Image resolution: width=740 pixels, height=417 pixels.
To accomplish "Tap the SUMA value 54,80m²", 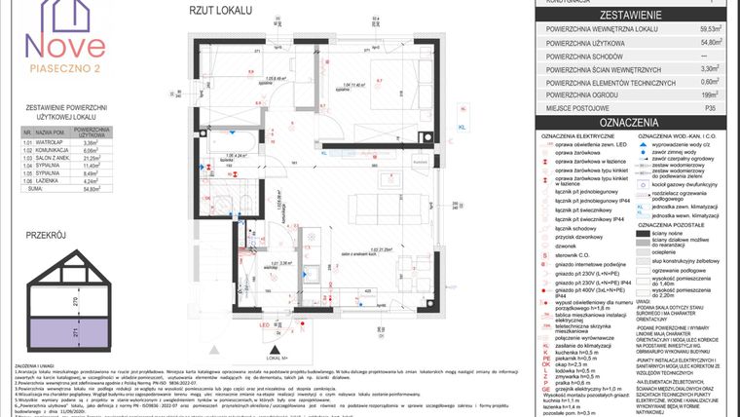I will point(94,189).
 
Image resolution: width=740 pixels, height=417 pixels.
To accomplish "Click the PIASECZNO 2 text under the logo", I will point(66,68).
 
